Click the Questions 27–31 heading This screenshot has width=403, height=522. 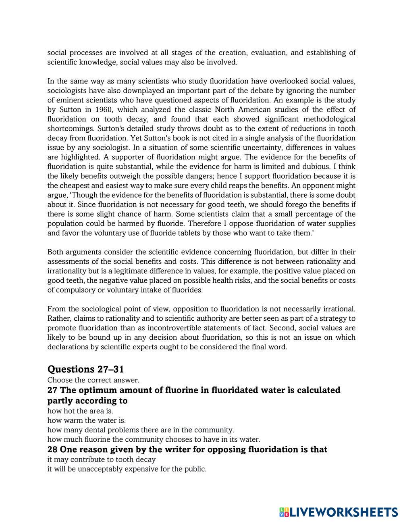coord(85,369)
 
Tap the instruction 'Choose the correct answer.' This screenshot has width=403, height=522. coord(93,380)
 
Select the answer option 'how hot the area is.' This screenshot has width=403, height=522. coord(80,411)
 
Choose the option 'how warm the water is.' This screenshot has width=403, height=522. coord(87,420)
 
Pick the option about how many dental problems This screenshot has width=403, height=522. coord(140,430)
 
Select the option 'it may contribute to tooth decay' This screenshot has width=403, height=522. coord(102,459)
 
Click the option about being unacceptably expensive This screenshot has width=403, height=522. coord(127,469)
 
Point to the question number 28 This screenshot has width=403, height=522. coord(52,449)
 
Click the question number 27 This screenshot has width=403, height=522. coord(52,390)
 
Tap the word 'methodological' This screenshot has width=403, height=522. coord(329,119)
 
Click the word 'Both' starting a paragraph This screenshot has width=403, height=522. coord(55,252)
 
